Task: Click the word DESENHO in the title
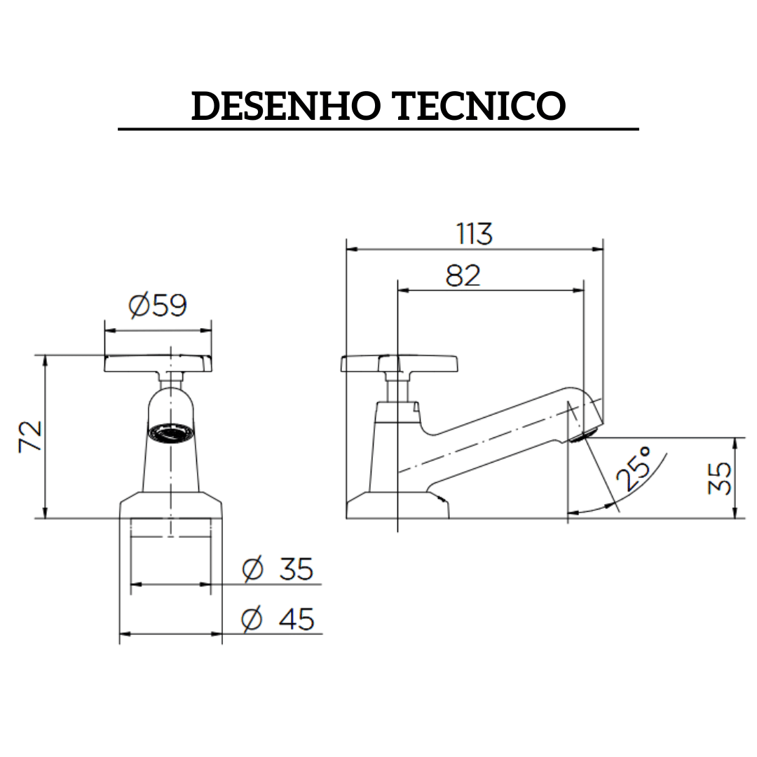click(285, 107)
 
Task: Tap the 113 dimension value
click(475, 234)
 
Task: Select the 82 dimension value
click(463, 276)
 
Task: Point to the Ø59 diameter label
click(158, 306)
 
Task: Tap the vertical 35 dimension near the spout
click(719, 478)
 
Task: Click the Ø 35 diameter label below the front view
click(278, 569)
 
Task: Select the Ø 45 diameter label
click(278, 620)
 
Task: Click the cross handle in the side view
click(399, 364)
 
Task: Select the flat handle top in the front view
click(158, 363)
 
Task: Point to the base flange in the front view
click(171, 506)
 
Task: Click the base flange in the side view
click(397, 506)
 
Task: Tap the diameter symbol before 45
click(251, 620)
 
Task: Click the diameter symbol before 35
click(252, 569)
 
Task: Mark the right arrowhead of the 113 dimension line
click(599, 248)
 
